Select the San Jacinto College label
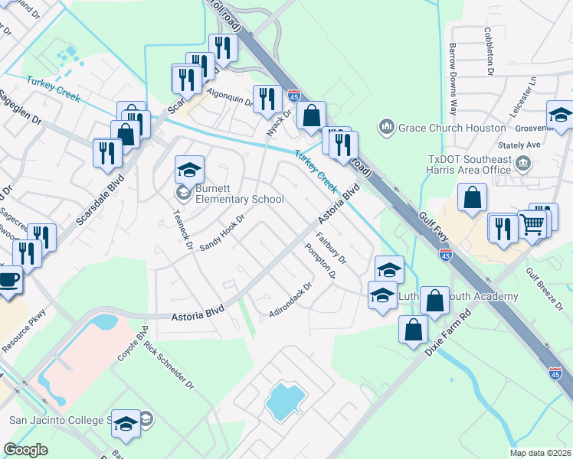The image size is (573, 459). click(x=56, y=420)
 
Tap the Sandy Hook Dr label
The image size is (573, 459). click(x=221, y=233)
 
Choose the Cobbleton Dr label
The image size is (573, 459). click(x=487, y=47)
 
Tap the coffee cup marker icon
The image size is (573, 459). click(x=8, y=281)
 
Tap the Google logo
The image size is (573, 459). click(x=25, y=450)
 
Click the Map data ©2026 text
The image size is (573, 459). click(x=541, y=453)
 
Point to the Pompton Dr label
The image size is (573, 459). click(x=320, y=261)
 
